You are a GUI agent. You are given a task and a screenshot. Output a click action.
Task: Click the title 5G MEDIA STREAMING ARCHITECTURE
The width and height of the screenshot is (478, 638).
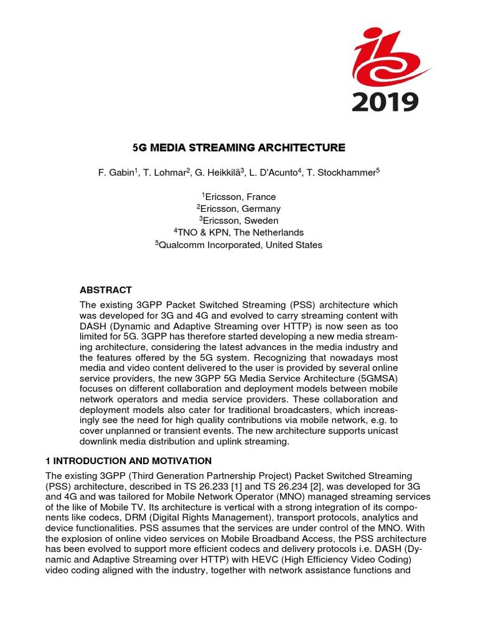point(239,148)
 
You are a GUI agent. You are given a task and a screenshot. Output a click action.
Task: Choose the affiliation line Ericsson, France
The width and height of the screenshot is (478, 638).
point(238,197)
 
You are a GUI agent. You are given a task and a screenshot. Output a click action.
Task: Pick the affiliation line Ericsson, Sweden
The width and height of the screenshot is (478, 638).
point(238,221)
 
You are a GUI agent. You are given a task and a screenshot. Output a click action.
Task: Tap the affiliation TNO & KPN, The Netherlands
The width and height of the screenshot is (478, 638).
point(238,232)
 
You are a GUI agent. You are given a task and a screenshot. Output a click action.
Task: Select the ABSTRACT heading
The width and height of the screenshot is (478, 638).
point(105,290)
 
